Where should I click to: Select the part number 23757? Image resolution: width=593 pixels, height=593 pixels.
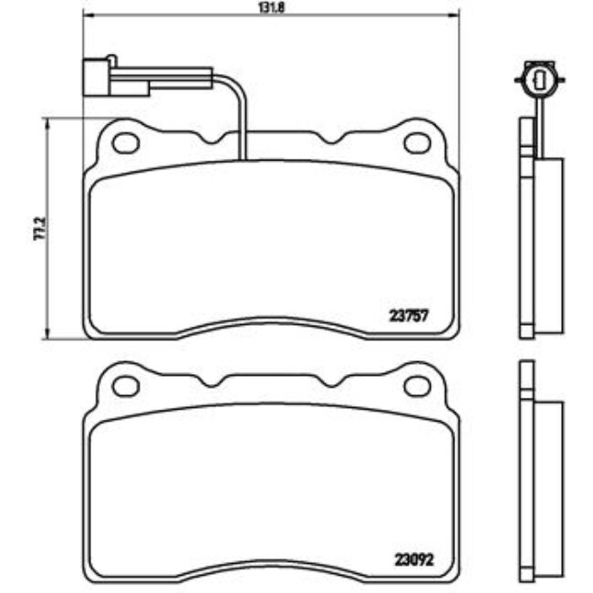[409, 316]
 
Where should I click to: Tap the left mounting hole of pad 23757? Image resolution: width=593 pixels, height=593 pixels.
[125, 142]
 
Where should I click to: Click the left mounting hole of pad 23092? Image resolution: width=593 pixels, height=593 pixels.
[125, 386]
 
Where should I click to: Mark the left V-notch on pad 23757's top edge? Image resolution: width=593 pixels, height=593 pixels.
[215, 140]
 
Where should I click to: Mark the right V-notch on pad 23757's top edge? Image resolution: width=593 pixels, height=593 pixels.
[328, 140]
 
